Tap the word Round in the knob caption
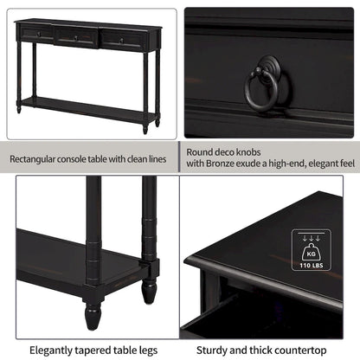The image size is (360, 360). coord(202,151)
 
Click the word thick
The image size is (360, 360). coord(261,350)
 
